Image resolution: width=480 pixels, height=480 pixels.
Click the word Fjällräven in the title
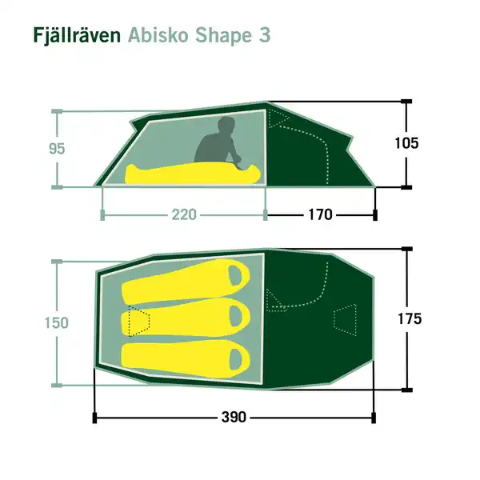click(x=78, y=36)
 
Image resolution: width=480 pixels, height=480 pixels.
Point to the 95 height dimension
click(x=34, y=148)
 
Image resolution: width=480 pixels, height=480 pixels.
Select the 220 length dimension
click(x=184, y=214)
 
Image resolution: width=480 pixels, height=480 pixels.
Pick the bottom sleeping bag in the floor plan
click(x=184, y=355)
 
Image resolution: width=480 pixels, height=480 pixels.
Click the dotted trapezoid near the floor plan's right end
click(x=345, y=318)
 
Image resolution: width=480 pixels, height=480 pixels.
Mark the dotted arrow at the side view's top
click(x=279, y=119)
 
